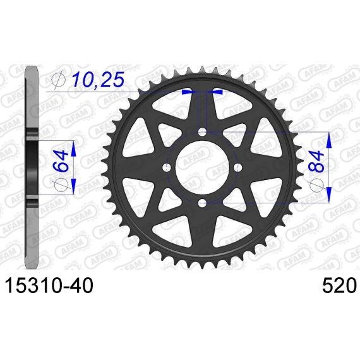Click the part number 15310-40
coord(49,285)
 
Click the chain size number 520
coord(339,285)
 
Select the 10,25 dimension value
coord(98,80)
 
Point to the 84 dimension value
coord(317,162)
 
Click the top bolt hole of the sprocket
coord(202,132)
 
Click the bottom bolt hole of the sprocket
coord(202,203)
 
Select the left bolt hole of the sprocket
coord(167,167)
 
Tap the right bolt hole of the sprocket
coord(237,167)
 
